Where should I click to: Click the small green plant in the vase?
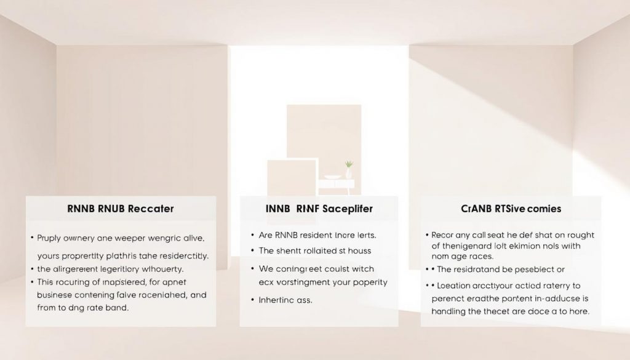(349, 165)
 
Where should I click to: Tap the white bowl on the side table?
(333, 177)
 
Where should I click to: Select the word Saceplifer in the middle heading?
(343, 209)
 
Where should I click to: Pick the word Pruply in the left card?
(51, 237)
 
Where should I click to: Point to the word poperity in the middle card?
(367, 282)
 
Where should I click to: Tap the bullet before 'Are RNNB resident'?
(252, 235)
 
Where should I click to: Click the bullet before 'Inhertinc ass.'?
(252, 300)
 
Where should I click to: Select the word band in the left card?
(117, 308)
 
